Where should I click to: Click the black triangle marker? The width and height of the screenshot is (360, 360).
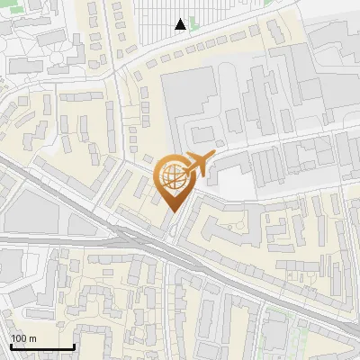point(181,24)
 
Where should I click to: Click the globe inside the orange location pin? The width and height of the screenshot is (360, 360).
point(173,177)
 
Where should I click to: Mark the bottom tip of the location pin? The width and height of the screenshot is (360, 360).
point(174,212)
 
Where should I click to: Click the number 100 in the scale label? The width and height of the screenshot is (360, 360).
point(18,339)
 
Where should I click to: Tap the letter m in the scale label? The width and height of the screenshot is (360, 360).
point(31,339)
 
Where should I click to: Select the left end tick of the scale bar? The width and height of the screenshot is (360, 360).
point(11,346)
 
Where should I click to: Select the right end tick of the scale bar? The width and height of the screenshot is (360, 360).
point(74,346)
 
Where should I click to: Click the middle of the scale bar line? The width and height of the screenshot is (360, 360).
point(42,347)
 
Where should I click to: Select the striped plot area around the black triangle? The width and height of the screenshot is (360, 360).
point(207,18)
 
